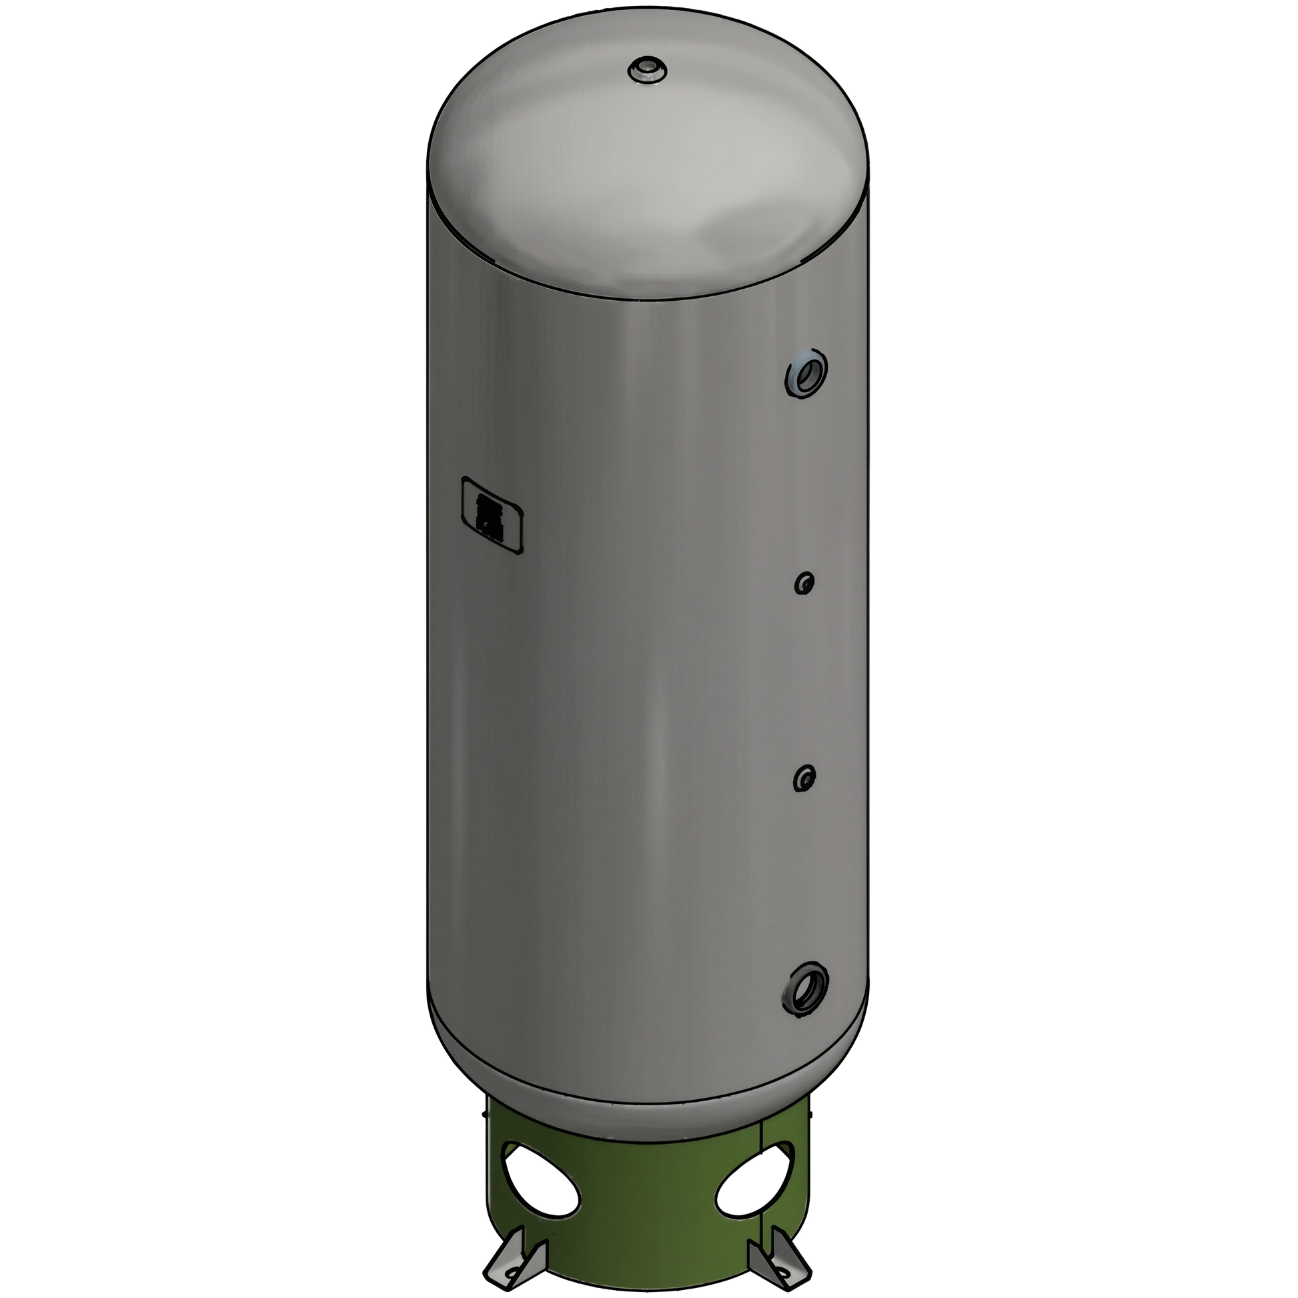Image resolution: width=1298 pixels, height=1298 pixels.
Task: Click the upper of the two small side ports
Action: (x=804, y=582)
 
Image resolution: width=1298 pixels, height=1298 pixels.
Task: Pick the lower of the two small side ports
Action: (x=804, y=777)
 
